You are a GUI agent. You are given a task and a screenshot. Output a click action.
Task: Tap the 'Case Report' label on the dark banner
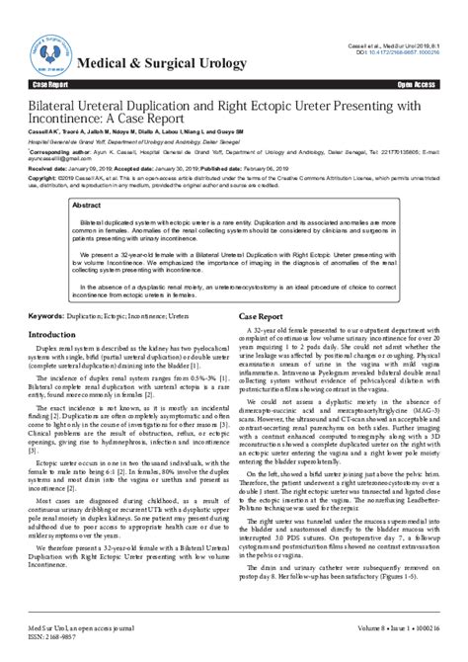pos(51,86)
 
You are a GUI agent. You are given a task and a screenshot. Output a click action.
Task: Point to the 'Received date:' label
pos(52,169)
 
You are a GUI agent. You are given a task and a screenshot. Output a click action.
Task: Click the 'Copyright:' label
pos(47,179)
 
